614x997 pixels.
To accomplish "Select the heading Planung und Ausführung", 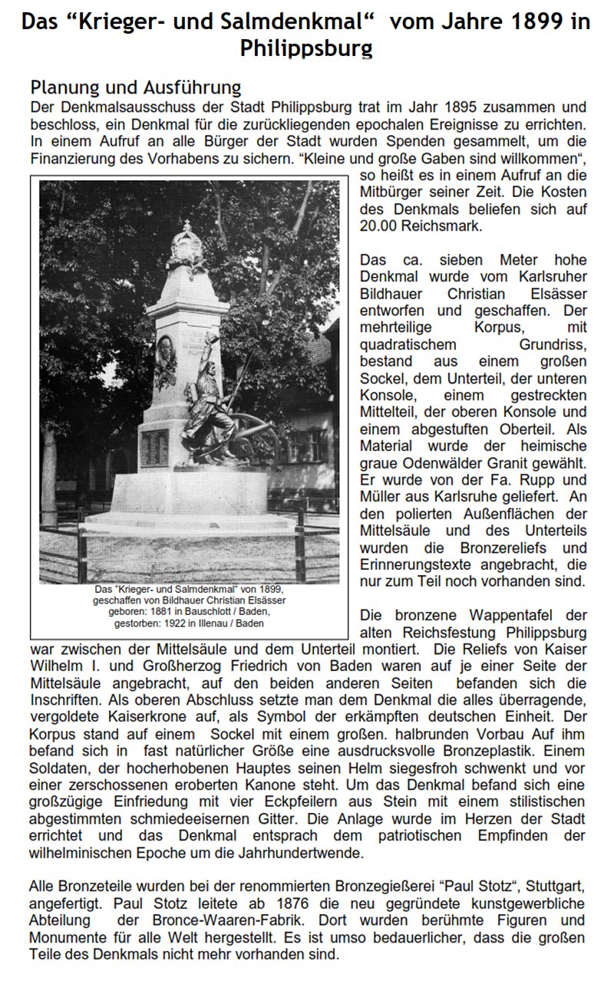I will click(x=135, y=87).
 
